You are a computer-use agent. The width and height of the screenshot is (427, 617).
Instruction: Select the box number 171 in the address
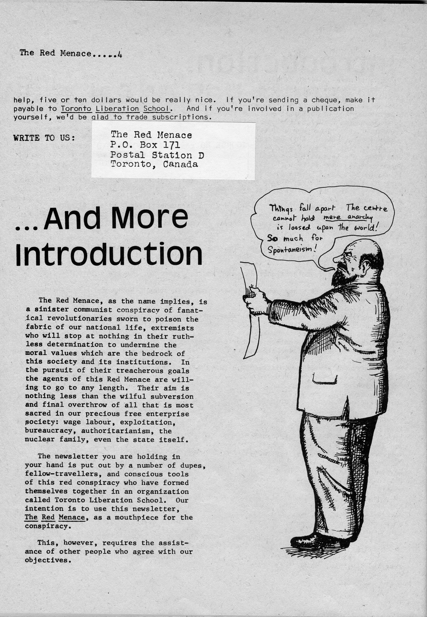(171, 145)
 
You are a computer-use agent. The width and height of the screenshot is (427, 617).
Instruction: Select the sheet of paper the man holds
(251, 311)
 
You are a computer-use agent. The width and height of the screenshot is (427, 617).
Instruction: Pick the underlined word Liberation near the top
(117, 109)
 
